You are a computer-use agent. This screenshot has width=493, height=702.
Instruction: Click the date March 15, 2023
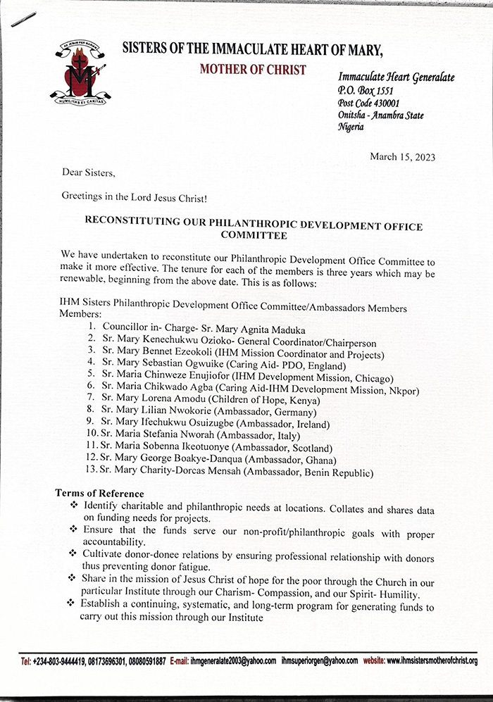pyautogui.click(x=402, y=156)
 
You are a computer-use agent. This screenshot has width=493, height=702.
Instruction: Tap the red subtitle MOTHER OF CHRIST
pyautogui.click(x=253, y=69)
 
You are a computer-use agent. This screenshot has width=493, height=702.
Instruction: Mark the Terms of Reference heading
pyautogui.click(x=99, y=494)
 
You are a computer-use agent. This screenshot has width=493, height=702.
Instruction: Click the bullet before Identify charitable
pyautogui.click(x=75, y=507)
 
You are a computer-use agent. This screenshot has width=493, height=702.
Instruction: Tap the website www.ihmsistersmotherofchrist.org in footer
pyautogui.click(x=431, y=661)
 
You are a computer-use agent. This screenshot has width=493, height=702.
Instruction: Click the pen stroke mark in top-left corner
pyautogui.click(x=23, y=20)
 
